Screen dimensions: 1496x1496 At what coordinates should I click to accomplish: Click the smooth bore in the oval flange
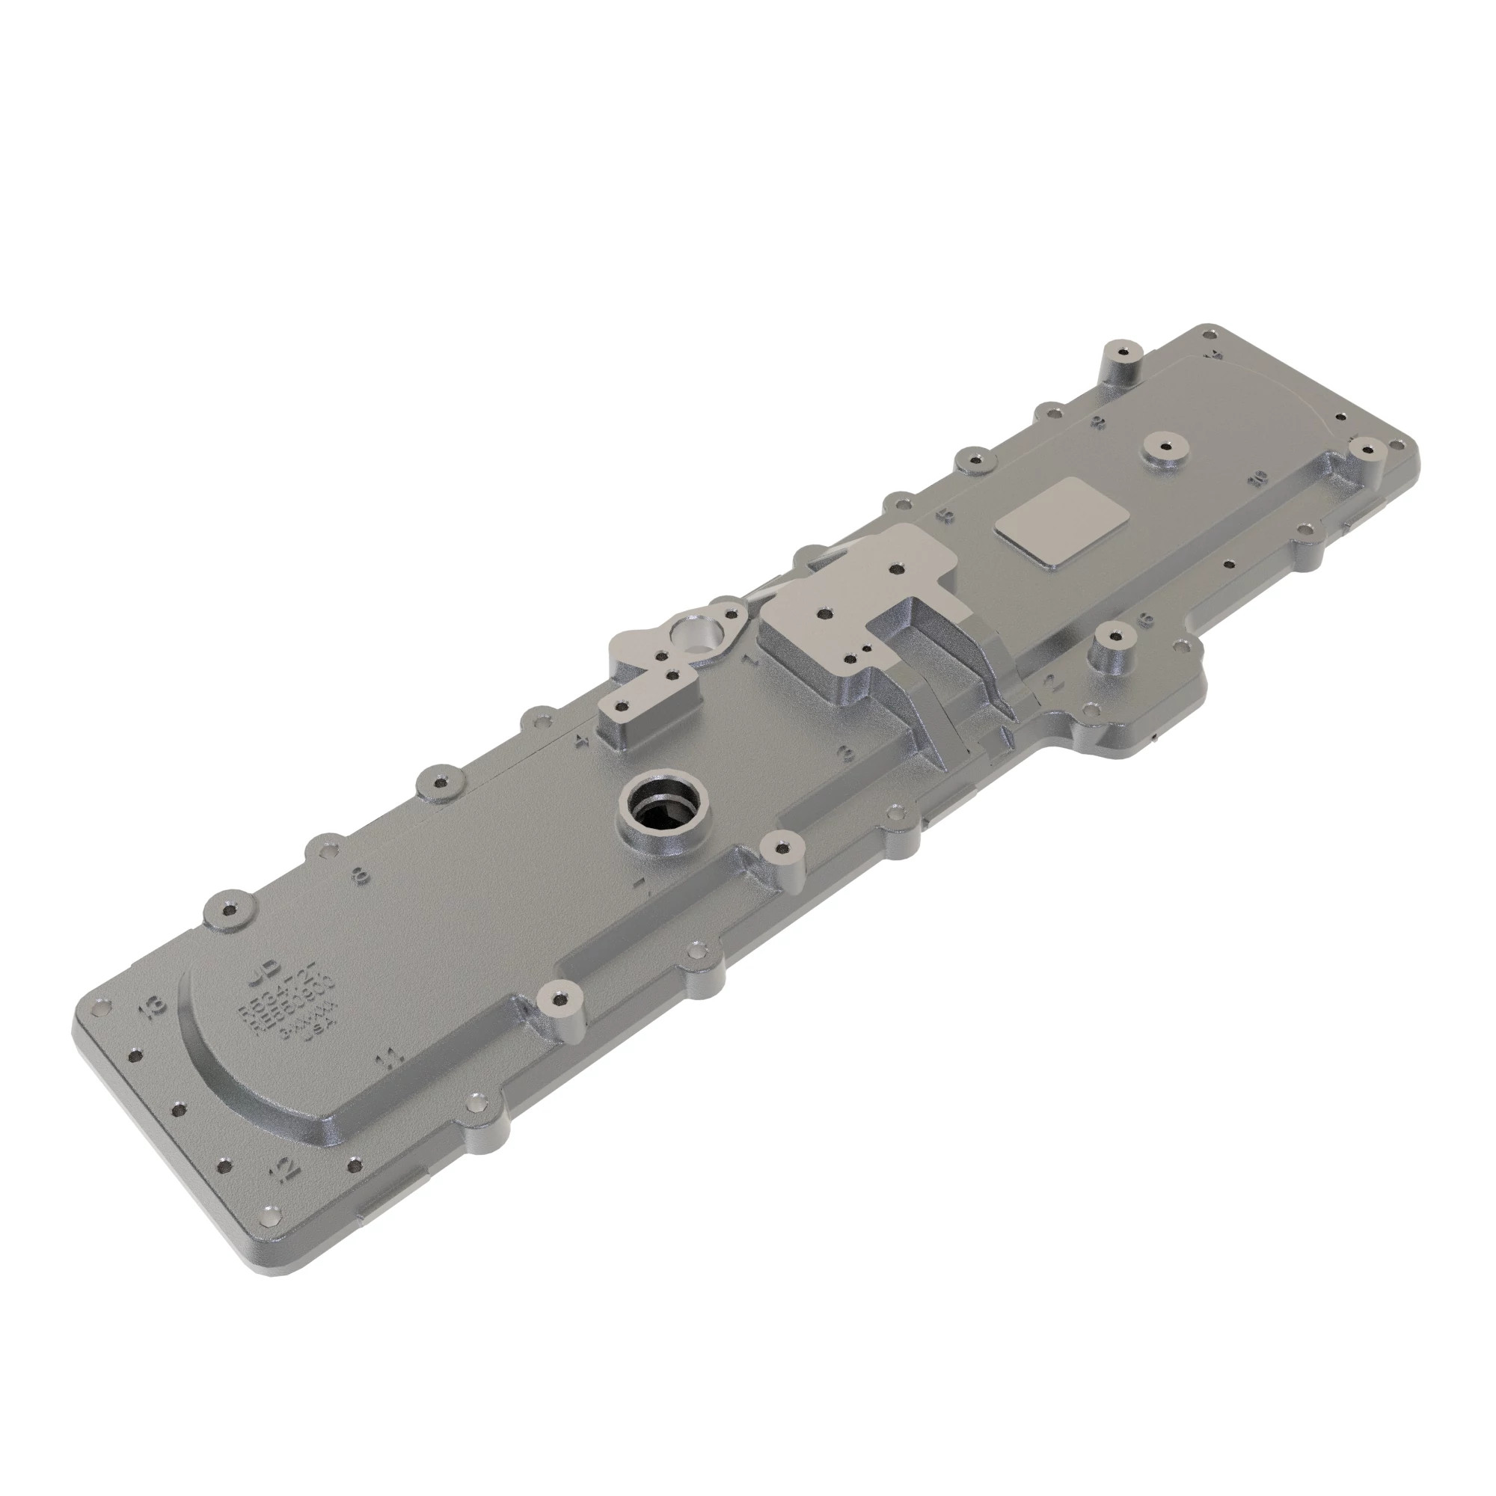click(x=695, y=630)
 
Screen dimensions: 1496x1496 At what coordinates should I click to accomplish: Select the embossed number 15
click(x=944, y=515)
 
